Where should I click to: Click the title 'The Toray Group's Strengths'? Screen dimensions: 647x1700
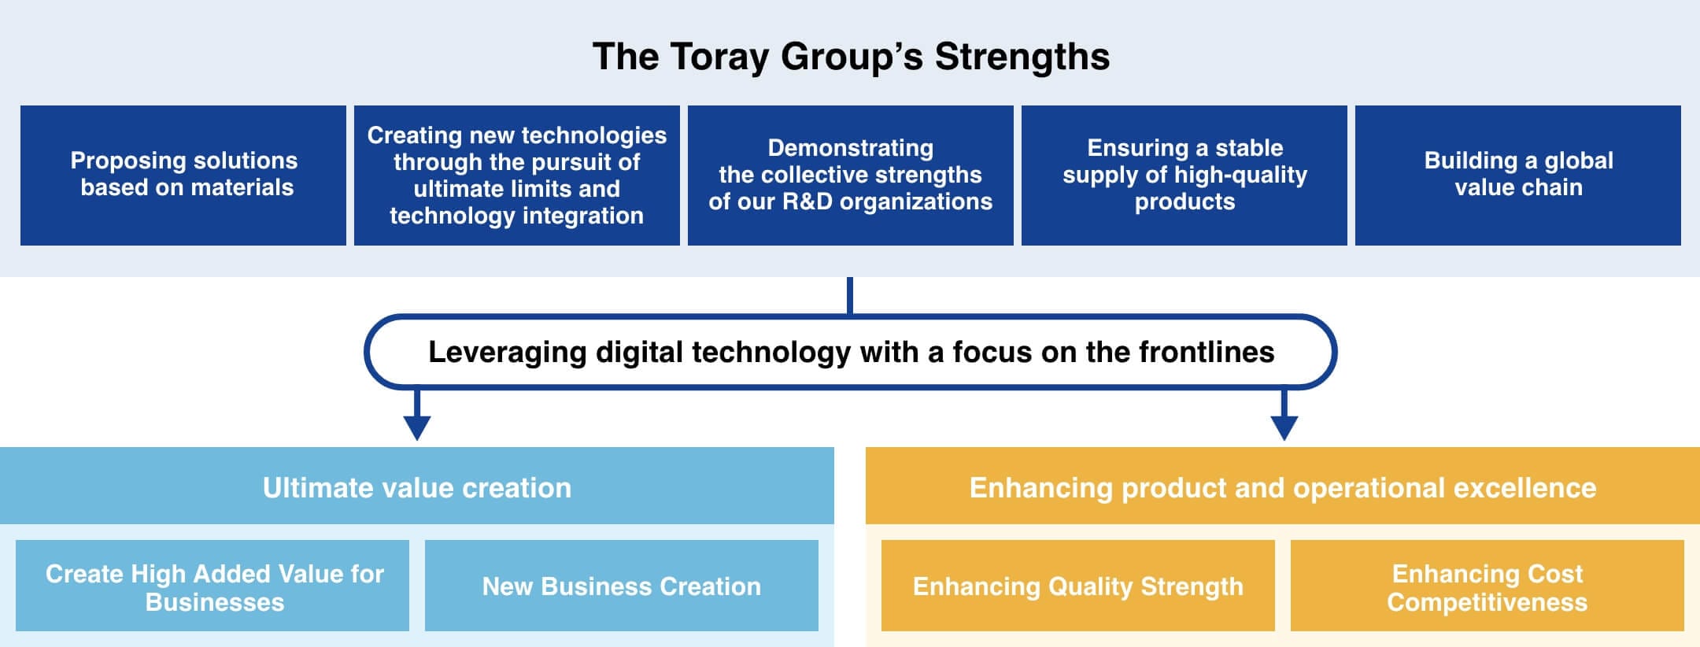(x=850, y=57)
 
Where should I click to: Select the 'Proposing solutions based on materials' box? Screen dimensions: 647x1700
(x=183, y=175)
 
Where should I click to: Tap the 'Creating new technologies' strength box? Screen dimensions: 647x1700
(x=517, y=175)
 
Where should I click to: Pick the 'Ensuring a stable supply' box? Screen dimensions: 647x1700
(x=1184, y=175)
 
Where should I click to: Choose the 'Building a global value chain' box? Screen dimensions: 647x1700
(x=1518, y=175)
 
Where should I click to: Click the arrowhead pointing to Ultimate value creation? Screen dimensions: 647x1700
(x=417, y=427)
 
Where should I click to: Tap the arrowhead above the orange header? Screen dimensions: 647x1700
(x=1284, y=427)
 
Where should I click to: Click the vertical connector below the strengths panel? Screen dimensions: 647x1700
(x=850, y=295)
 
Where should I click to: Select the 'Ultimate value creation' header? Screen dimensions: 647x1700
(x=417, y=487)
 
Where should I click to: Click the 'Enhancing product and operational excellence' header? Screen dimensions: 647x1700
(x=1283, y=487)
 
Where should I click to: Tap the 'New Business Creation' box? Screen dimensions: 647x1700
(x=622, y=586)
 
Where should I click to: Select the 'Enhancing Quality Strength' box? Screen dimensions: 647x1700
(x=1078, y=586)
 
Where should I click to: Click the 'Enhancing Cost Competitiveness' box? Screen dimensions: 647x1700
(x=1487, y=586)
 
